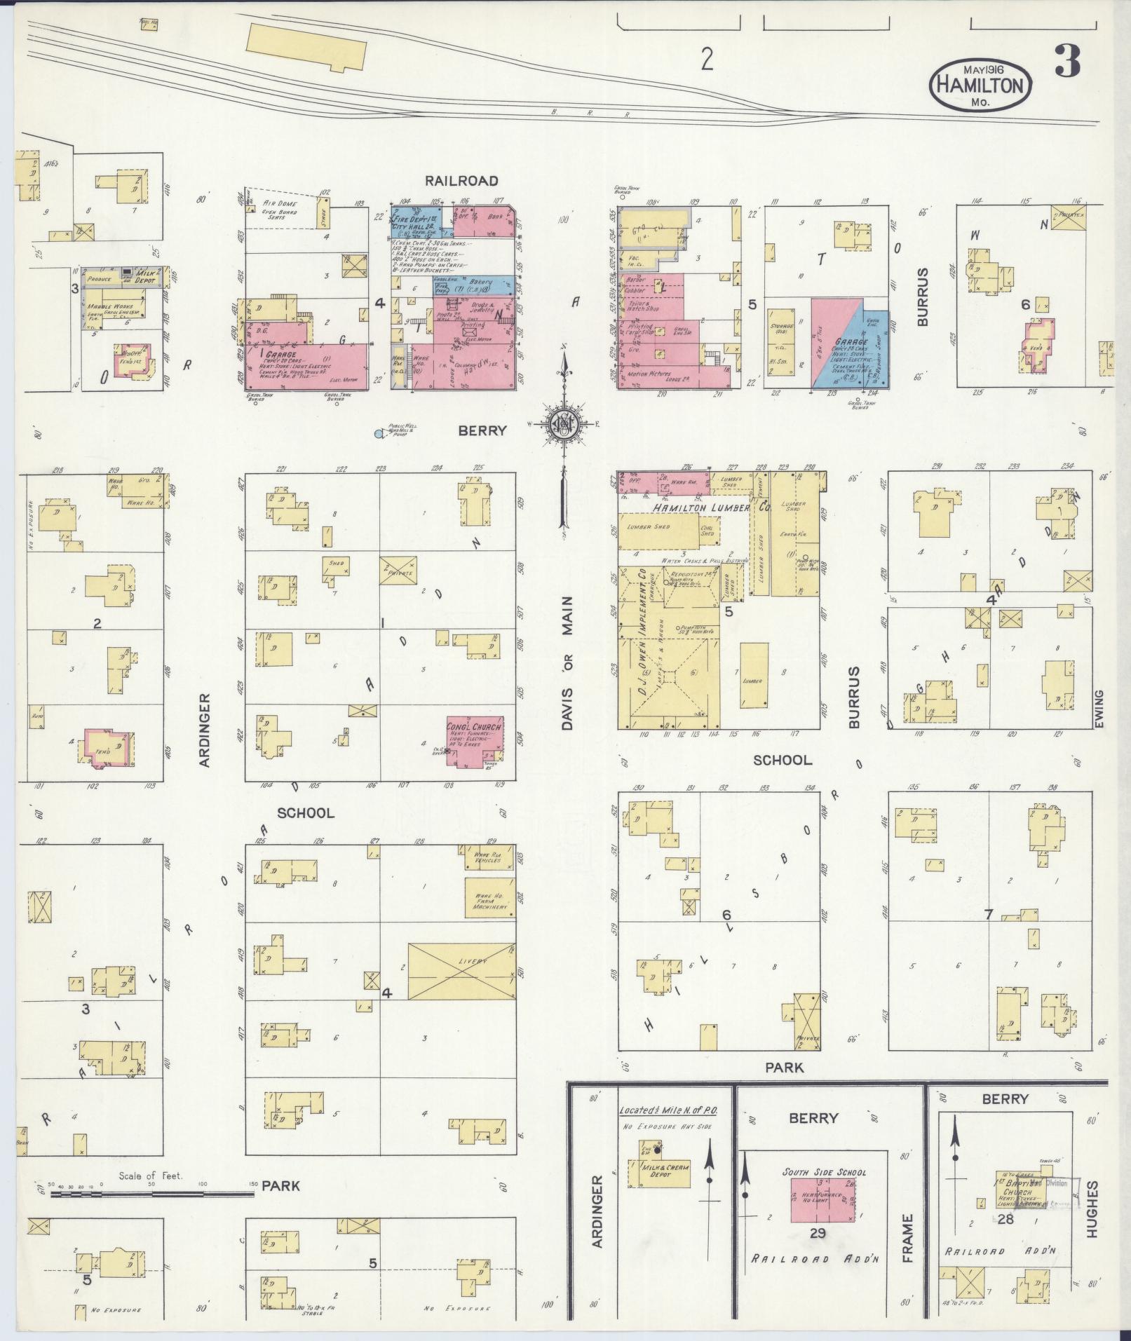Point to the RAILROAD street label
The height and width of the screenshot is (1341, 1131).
tap(461, 181)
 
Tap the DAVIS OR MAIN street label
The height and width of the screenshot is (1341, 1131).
tap(567, 663)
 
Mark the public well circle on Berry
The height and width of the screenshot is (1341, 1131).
tap(379, 434)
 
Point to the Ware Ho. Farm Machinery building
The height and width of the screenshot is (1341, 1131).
tap(489, 898)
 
